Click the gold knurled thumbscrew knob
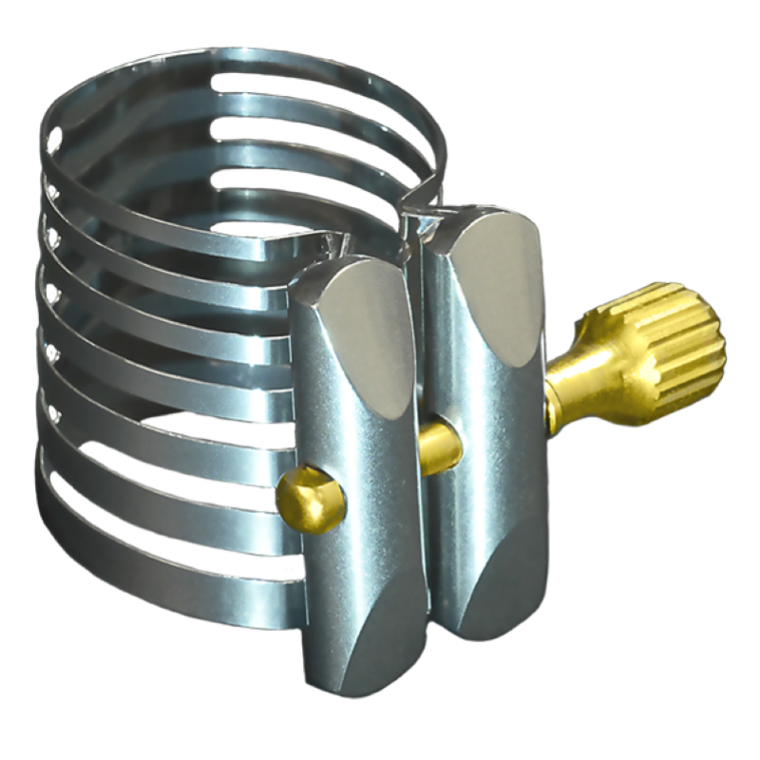coord(676,340)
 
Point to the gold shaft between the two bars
coord(439,446)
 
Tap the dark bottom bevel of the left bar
coord(375,655)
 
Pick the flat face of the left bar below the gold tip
coord(361,570)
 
